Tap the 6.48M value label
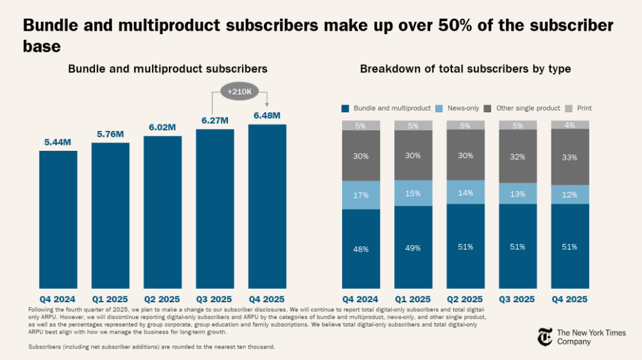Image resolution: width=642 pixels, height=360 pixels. pos(267,116)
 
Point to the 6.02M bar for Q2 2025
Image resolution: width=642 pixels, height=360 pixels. pos(162,212)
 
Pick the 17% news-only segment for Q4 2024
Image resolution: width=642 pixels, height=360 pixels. pos(361,195)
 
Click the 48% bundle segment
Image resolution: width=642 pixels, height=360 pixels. pos(361,248)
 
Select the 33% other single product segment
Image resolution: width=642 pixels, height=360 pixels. pos(570,157)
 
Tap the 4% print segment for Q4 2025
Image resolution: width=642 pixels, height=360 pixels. pos(570,124)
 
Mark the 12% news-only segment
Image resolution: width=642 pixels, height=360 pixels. pos(570,194)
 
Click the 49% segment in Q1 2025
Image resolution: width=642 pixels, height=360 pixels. pos(413,247)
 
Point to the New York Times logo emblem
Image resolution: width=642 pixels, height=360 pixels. pos(544,337)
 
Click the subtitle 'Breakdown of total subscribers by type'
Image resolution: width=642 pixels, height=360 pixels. pos(465,69)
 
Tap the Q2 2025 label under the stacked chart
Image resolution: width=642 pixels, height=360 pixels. pos(465,299)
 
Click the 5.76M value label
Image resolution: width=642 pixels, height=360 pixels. pos(110,134)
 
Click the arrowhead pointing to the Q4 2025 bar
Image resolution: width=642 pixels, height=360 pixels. pos(267,105)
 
